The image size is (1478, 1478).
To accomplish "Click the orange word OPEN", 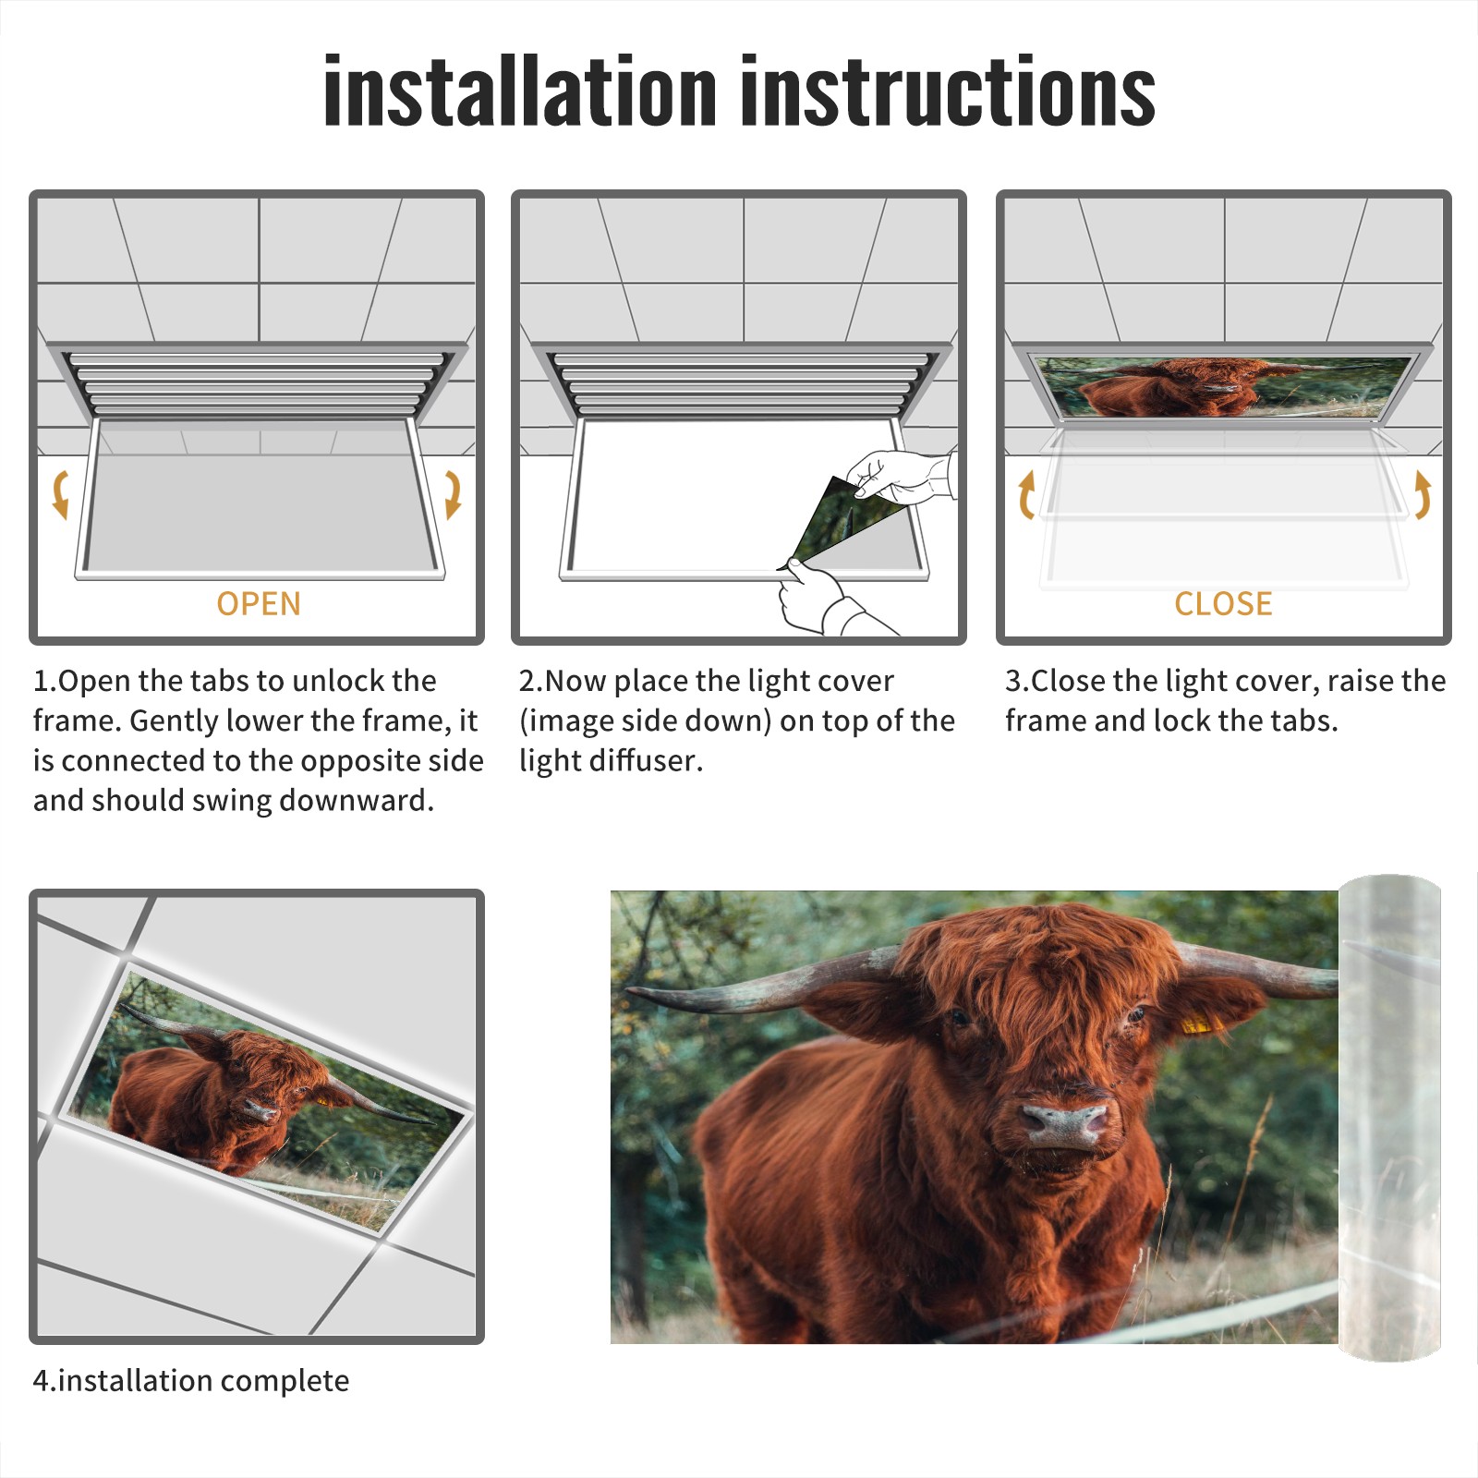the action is (259, 603).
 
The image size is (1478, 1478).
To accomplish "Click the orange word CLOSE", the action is (1223, 603).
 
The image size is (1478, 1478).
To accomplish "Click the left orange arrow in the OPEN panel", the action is (60, 494).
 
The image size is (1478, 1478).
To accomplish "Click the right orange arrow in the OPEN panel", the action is (453, 494).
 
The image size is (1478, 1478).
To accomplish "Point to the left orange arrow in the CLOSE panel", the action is (1025, 494).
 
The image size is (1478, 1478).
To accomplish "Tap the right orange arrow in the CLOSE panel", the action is (1423, 494).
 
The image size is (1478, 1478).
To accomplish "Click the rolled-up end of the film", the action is (1389, 1118).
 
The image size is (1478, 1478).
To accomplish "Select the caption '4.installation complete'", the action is (191, 1381).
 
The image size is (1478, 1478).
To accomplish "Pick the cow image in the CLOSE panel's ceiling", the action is (1222, 386).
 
